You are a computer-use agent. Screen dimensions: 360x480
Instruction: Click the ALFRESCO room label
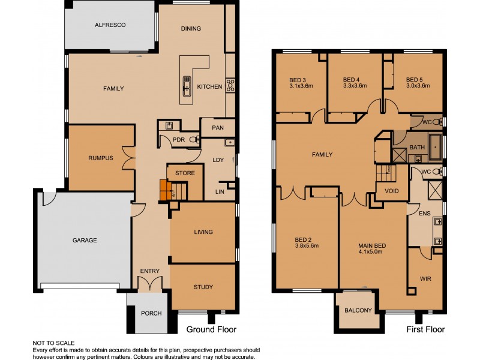tap(109, 25)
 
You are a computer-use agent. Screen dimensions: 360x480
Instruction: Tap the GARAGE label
tap(84, 240)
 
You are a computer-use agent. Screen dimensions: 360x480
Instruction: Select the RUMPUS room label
tap(101, 158)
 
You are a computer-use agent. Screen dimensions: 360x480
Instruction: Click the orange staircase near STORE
tap(166, 190)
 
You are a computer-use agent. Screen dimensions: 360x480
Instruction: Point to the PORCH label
tap(151, 313)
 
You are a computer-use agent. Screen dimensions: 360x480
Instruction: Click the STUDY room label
tap(203, 287)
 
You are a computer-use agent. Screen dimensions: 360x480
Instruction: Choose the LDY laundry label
tap(218, 160)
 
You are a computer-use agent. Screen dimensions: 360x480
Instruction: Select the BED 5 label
tap(415, 79)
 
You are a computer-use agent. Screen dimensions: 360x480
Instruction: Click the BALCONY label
tap(359, 310)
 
